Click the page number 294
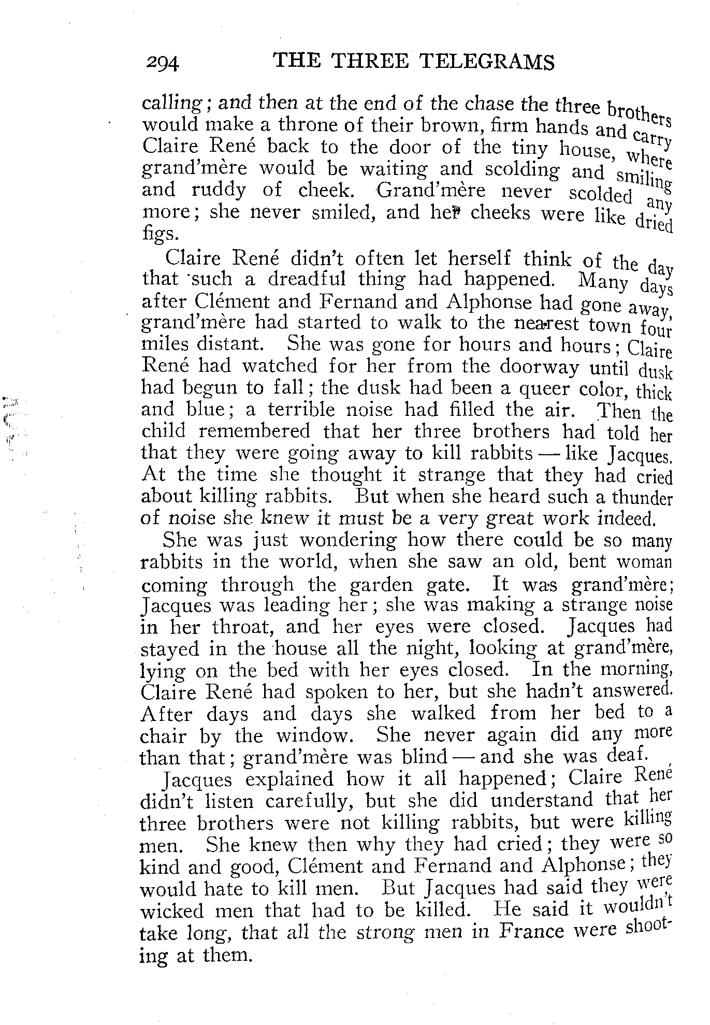coord(162,63)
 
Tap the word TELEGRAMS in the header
coord(486,62)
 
